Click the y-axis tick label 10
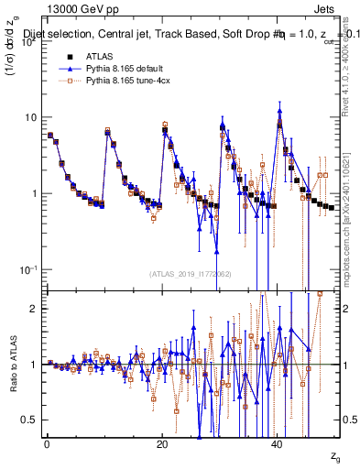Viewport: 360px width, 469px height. click(30, 118)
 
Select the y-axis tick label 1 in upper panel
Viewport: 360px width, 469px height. click(34, 194)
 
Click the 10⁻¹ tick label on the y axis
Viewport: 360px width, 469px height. click(27, 269)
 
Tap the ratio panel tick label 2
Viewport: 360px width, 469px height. click(34, 310)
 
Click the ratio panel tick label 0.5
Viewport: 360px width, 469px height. click(29, 420)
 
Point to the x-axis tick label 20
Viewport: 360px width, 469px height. click(162, 443)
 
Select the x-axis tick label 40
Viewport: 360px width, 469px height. click(277, 443)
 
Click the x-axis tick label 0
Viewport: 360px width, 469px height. click(47, 443)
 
